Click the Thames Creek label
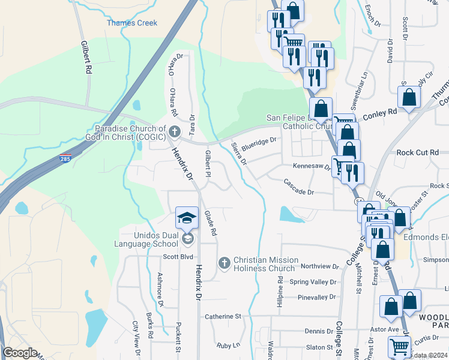tap(132, 23)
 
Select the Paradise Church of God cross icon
tap(175, 131)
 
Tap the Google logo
tap(20, 353)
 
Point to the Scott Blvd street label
tap(179, 257)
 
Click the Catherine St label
tap(222, 316)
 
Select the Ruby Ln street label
tap(228, 345)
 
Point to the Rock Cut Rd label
tap(418, 152)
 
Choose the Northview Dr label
tap(320, 266)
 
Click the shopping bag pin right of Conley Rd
tap(409, 97)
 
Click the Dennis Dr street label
tap(319, 331)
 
